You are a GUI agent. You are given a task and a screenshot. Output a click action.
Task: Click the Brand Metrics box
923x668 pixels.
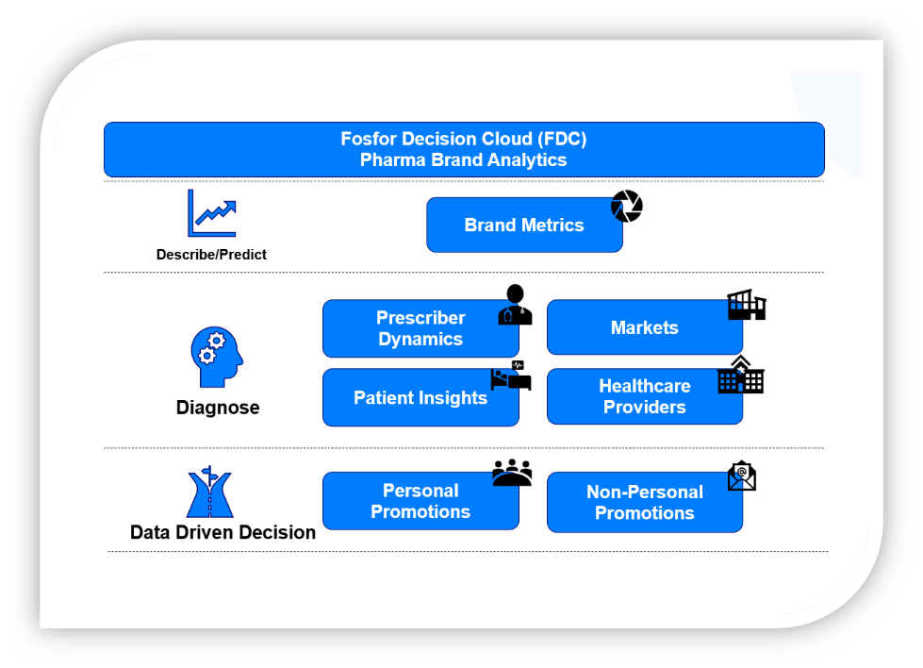click(524, 225)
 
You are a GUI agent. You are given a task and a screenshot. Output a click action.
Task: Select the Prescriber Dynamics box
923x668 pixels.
click(420, 328)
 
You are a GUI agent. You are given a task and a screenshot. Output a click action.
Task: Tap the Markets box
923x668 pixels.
click(645, 327)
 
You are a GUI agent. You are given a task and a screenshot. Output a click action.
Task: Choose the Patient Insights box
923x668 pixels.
click(420, 397)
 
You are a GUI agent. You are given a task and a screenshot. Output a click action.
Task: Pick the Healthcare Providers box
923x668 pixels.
click(645, 396)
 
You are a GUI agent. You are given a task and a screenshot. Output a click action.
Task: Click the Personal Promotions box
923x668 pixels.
click(420, 501)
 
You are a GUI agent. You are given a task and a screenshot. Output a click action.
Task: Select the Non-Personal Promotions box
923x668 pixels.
click(645, 503)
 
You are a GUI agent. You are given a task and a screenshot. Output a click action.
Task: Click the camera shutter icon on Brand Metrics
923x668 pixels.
click(626, 207)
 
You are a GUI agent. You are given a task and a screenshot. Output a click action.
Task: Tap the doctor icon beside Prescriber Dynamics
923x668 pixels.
click(515, 305)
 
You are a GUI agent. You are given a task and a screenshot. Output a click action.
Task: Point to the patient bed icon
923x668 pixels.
click(511, 376)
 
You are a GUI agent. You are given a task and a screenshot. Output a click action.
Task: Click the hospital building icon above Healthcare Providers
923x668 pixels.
click(740, 375)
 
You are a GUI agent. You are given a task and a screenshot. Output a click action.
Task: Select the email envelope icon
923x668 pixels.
click(742, 476)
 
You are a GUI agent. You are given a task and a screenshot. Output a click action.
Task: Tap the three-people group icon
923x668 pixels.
click(512, 473)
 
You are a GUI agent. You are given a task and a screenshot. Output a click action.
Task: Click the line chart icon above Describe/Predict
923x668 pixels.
click(212, 213)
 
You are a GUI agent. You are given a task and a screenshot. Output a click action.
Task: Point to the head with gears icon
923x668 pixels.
click(217, 357)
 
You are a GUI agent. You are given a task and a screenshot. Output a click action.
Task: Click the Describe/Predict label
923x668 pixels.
click(211, 255)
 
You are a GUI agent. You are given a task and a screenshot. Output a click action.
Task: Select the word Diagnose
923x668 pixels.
click(218, 408)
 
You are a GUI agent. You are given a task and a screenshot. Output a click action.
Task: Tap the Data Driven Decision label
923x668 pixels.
click(223, 532)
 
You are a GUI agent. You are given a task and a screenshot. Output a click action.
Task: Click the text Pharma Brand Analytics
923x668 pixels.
click(463, 160)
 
